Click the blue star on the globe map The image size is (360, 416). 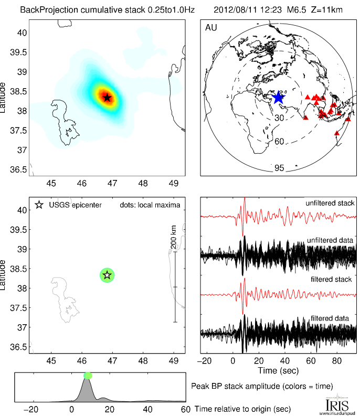pyautogui.click(x=278, y=97)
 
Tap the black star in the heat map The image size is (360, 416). pyautogui.click(x=107, y=97)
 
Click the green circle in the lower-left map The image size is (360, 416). pyautogui.click(x=107, y=274)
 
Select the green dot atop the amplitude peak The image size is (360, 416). pyautogui.click(x=88, y=375)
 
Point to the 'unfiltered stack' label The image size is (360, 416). pyautogui.click(x=330, y=203)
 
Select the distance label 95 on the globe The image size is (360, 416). pyautogui.click(x=279, y=168)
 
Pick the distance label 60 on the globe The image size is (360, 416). pyautogui.click(x=279, y=142)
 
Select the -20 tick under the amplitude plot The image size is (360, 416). pyautogui.click(x=33, y=409)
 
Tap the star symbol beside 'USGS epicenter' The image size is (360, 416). pyautogui.click(x=38, y=205)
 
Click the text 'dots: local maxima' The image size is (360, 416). pyautogui.click(x=149, y=205)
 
